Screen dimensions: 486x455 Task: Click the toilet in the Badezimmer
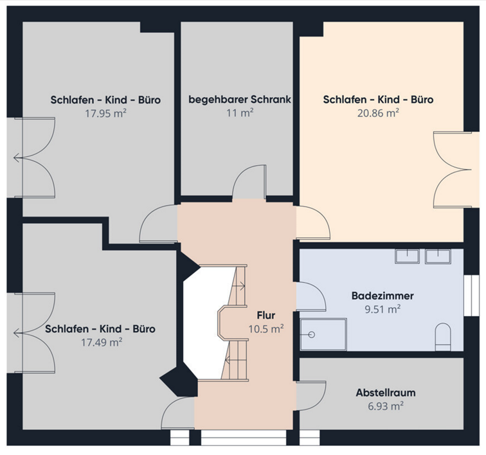pyautogui.click(x=443, y=337)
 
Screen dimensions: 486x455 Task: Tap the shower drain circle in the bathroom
pyautogui.click(x=312, y=335)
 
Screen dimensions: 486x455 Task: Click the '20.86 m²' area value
pyautogui.click(x=378, y=113)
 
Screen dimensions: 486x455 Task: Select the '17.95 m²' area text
pyautogui.click(x=105, y=114)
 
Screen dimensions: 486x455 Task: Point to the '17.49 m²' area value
pyautogui.click(x=102, y=342)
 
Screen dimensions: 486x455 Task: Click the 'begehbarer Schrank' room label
pyautogui.click(x=240, y=100)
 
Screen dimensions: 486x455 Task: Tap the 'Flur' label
pyautogui.click(x=266, y=315)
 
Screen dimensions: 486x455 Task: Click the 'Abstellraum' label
pyautogui.click(x=386, y=393)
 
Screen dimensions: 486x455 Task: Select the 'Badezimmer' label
pyautogui.click(x=382, y=296)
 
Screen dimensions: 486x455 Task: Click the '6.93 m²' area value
pyautogui.click(x=386, y=406)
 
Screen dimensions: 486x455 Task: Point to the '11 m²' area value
pyautogui.click(x=240, y=113)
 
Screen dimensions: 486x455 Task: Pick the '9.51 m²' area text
pyautogui.click(x=382, y=309)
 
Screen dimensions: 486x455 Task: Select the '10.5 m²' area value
pyautogui.click(x=266, y=329)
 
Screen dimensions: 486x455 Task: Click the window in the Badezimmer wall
pyautogui.click(x=471, y=296)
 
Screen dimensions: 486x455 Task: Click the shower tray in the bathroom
pyautogui.click(x=323, y=335)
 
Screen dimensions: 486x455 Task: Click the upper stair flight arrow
pyautogui.click(x=239, y=286)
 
